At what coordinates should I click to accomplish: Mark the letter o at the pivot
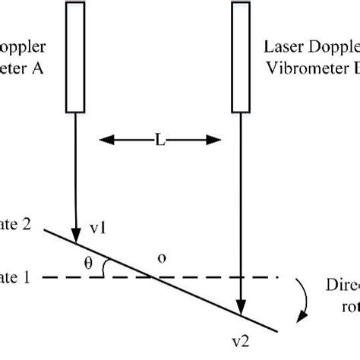pos(160,257)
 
